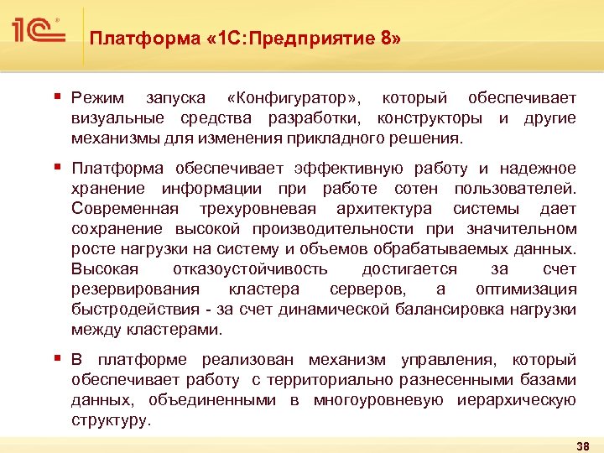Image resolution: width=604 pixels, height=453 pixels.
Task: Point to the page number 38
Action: [584, 445]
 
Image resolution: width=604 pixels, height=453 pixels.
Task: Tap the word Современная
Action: [125, 209]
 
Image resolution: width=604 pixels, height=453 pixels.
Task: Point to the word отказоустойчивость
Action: [250, 269]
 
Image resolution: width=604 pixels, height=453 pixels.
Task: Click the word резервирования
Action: [136, 289]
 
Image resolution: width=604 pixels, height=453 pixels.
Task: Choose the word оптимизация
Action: [526, 289]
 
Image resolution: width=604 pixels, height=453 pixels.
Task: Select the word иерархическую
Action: [517, 400]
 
